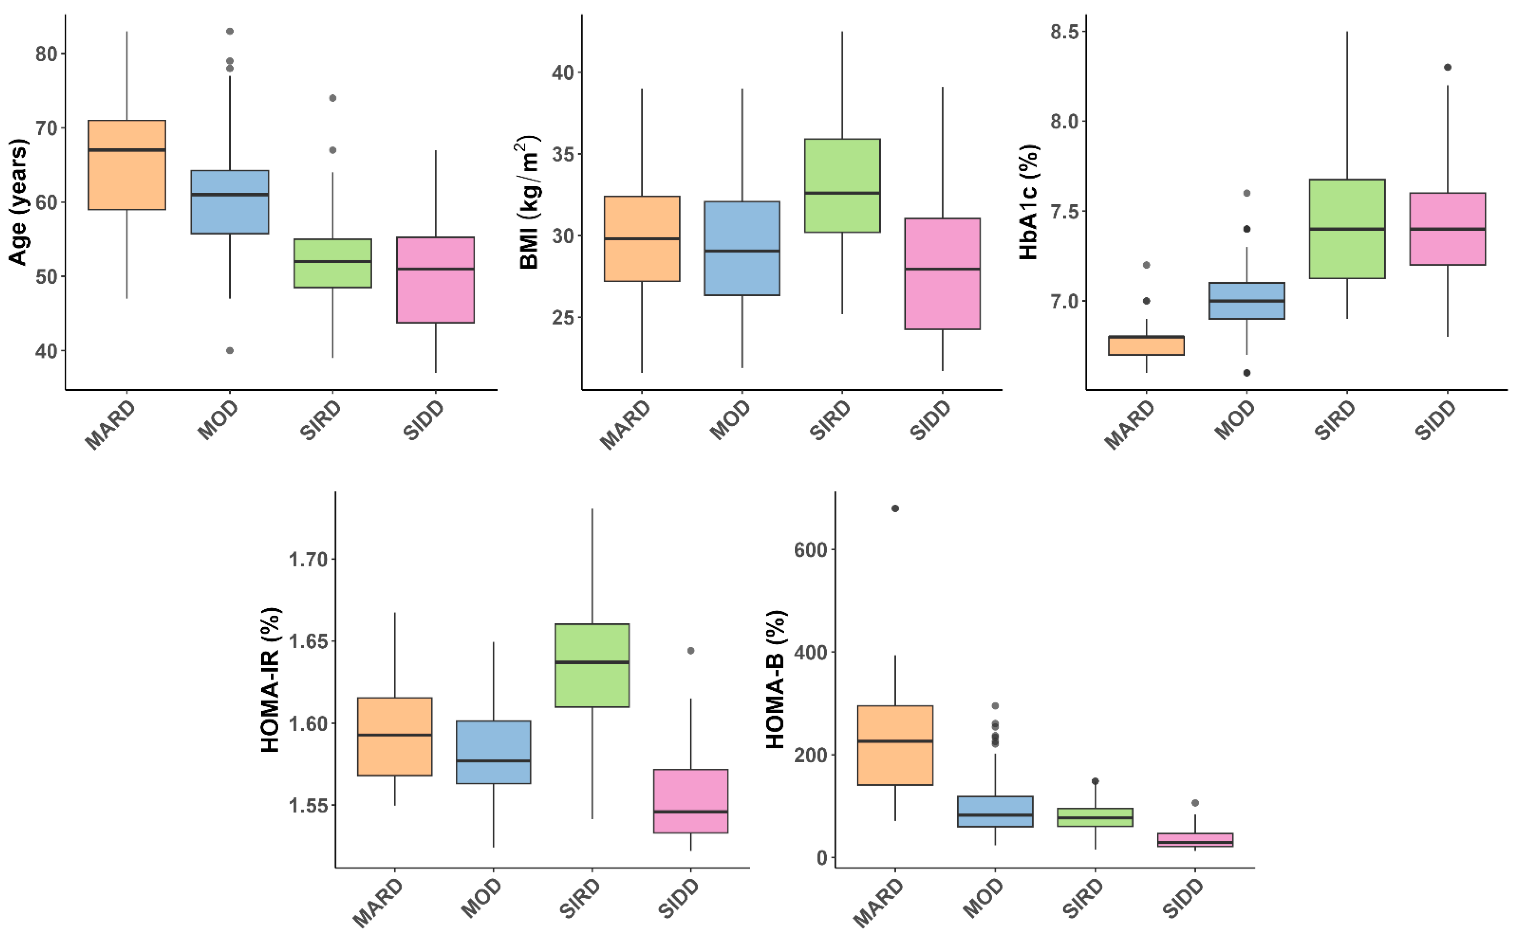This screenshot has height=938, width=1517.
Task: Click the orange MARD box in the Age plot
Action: click(127, 165)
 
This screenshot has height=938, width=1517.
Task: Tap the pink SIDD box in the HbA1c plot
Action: click(1447, 229)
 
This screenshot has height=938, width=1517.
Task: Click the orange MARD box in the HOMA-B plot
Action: click(895, 745)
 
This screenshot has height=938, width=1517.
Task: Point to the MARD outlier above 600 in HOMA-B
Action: click(895, 509)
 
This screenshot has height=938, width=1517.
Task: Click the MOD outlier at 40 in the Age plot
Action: click(230, 350)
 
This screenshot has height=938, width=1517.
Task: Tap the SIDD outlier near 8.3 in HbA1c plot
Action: click(1447, 67)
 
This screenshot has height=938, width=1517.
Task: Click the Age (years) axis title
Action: click(18, 202)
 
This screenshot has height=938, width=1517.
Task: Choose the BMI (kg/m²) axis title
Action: click(529, 202)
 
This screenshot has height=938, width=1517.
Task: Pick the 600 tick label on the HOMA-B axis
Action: click(810, 550)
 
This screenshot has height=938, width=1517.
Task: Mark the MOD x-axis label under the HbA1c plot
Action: click(1234, 420)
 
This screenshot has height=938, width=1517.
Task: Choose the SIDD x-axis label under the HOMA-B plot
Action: click(1182, 898)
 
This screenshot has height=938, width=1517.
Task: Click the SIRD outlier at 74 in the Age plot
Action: click(332, 98)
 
